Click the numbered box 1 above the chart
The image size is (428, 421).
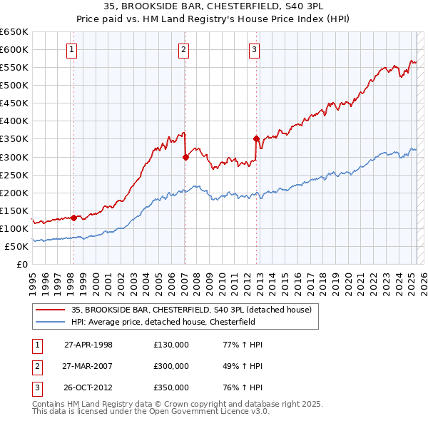(73, 49)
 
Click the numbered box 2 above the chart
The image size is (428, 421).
(184, 49)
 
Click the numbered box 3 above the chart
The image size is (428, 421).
(255, 49)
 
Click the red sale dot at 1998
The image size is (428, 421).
(73, 218)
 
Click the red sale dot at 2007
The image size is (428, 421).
(185, 157)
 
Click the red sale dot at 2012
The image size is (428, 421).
(255, 138)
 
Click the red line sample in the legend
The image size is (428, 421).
(49, 310)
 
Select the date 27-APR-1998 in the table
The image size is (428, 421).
(88, 345)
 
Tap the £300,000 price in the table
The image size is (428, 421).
(171, 366)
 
